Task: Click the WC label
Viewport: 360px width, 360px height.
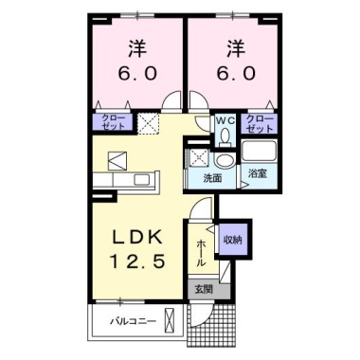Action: click(225, 121)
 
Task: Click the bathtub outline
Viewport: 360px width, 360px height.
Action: click(259, 151)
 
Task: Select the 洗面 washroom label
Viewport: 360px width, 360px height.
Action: click(212, 177)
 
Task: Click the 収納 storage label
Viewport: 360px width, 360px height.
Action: click(233, 241)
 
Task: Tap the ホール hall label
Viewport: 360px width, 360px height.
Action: click(202, 251)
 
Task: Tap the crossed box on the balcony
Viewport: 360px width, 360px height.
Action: click(170, 322)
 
